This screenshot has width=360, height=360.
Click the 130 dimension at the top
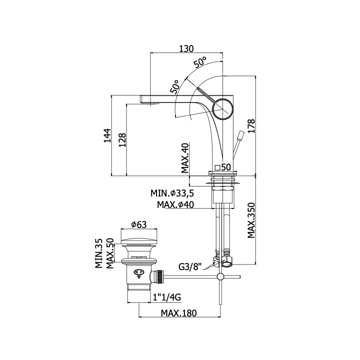click(x=186, y=48)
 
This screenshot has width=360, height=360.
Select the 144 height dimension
click(x=107, y=135)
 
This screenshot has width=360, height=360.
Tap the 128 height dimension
click(x=122, y=140)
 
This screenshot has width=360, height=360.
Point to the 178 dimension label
click(x=251, y=126)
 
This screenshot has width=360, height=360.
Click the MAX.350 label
click(x=251, y=220)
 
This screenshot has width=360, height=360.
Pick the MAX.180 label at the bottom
click(x=178, y=313)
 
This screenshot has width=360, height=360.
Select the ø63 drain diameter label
click(x=138, y=224)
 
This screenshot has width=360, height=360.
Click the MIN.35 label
click(x=99, y=253)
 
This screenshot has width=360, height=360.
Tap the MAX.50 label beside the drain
click(x=110, y=253)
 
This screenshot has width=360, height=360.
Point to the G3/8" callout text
click(x=190, y=267)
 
